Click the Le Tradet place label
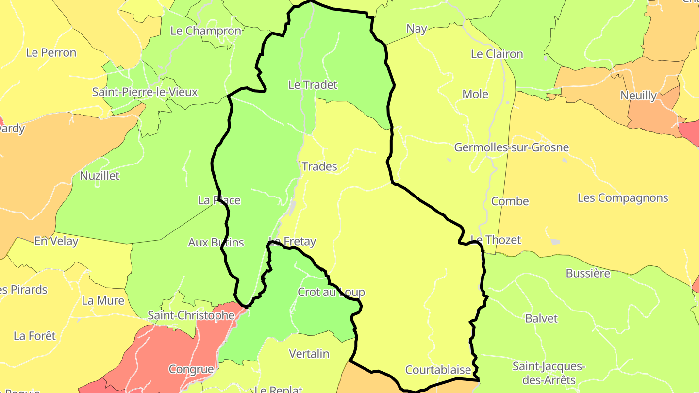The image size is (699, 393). pos(313,85)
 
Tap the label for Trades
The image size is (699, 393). pos(319,167)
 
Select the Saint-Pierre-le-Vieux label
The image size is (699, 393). pos(145,92)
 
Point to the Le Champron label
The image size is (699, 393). pos(206,31)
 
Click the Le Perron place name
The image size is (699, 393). pos(51,53)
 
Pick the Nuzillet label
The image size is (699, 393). pos(100,176)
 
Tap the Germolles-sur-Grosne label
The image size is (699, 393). pos(511,147)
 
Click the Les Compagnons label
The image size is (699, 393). pos(623,198)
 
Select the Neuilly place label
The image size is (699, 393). pos(638,96)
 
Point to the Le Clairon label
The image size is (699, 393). pos(497,54)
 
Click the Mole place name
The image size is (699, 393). pos(475,94)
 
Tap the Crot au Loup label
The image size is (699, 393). pos(331,292)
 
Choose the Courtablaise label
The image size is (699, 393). pos(438,370)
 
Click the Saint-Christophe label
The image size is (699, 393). pos(191,315)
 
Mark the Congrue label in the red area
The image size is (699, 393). pos(191,369)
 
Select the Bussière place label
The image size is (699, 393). pos(588,274)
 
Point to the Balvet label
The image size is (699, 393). pos(541,319)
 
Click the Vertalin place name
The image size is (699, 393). pos(309,354)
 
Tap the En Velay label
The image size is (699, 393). pos(56,241)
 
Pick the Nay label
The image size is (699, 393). pos(416,29)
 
